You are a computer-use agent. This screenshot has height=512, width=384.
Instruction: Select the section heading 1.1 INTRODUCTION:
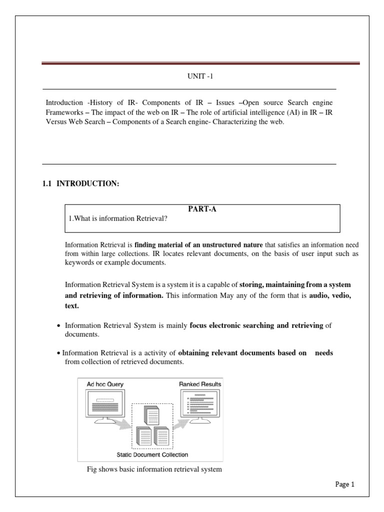pos(81,184)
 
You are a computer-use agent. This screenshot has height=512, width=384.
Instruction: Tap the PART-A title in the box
pos(202,210)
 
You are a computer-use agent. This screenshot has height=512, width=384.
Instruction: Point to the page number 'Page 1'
pos(344,484)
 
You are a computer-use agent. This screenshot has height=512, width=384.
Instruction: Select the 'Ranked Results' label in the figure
pos(200,384)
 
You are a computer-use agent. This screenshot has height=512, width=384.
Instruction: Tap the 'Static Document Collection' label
pos(152,455)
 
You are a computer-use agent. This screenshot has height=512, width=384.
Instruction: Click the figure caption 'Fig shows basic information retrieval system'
pos(154,469)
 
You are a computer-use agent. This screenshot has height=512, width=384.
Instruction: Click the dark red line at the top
pos(200,63)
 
